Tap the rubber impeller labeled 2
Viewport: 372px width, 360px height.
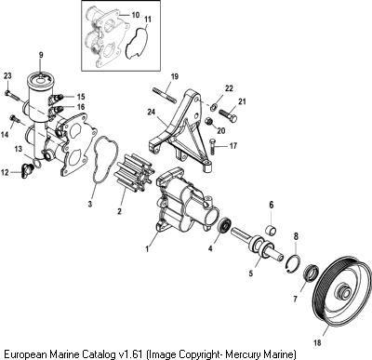point(137,174)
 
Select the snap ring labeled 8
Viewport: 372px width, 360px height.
point(293,263)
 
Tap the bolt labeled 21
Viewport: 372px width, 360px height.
point(228,114)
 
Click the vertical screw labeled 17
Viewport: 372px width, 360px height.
point(213,146)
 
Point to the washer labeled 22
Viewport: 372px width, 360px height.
point(213,107)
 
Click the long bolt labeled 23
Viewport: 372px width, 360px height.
point(13,95)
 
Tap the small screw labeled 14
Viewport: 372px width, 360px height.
point(14,118)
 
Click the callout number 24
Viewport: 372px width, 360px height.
point(152,111)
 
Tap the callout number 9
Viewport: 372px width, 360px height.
point(41,55)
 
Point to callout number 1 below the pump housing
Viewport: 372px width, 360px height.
point(147,248)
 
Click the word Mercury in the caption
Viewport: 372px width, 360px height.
point(238,353)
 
